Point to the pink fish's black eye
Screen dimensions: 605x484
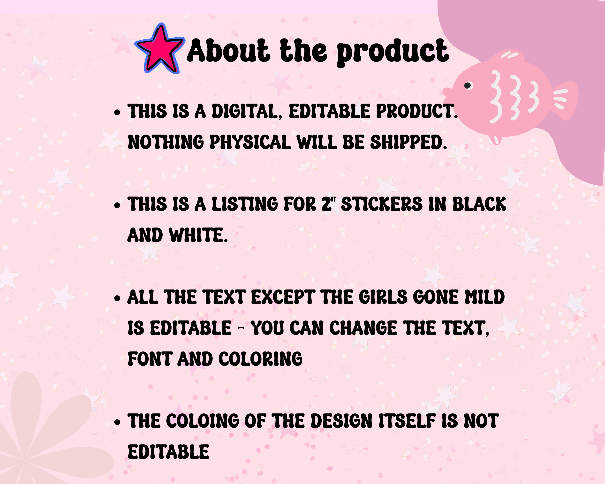click(468, 85)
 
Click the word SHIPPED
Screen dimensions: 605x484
click(408, 142)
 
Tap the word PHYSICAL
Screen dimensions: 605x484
click(250, 142)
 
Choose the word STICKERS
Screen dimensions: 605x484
click(382, 204)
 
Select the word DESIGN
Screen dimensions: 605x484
click(342, 421)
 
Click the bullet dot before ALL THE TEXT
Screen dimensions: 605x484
click(117, 298)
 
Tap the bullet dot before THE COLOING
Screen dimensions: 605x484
click(117, 422)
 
